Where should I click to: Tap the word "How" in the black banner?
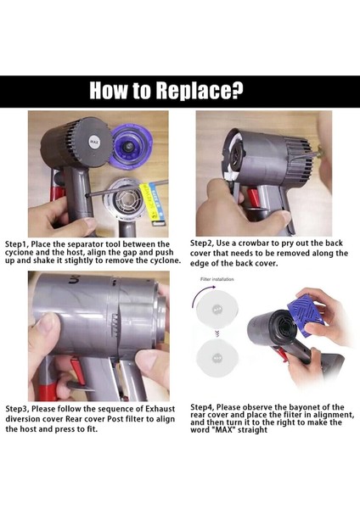pos(114,92)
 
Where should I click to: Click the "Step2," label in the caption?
pos(207,243)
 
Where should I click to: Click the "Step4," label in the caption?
pos(207,407)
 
